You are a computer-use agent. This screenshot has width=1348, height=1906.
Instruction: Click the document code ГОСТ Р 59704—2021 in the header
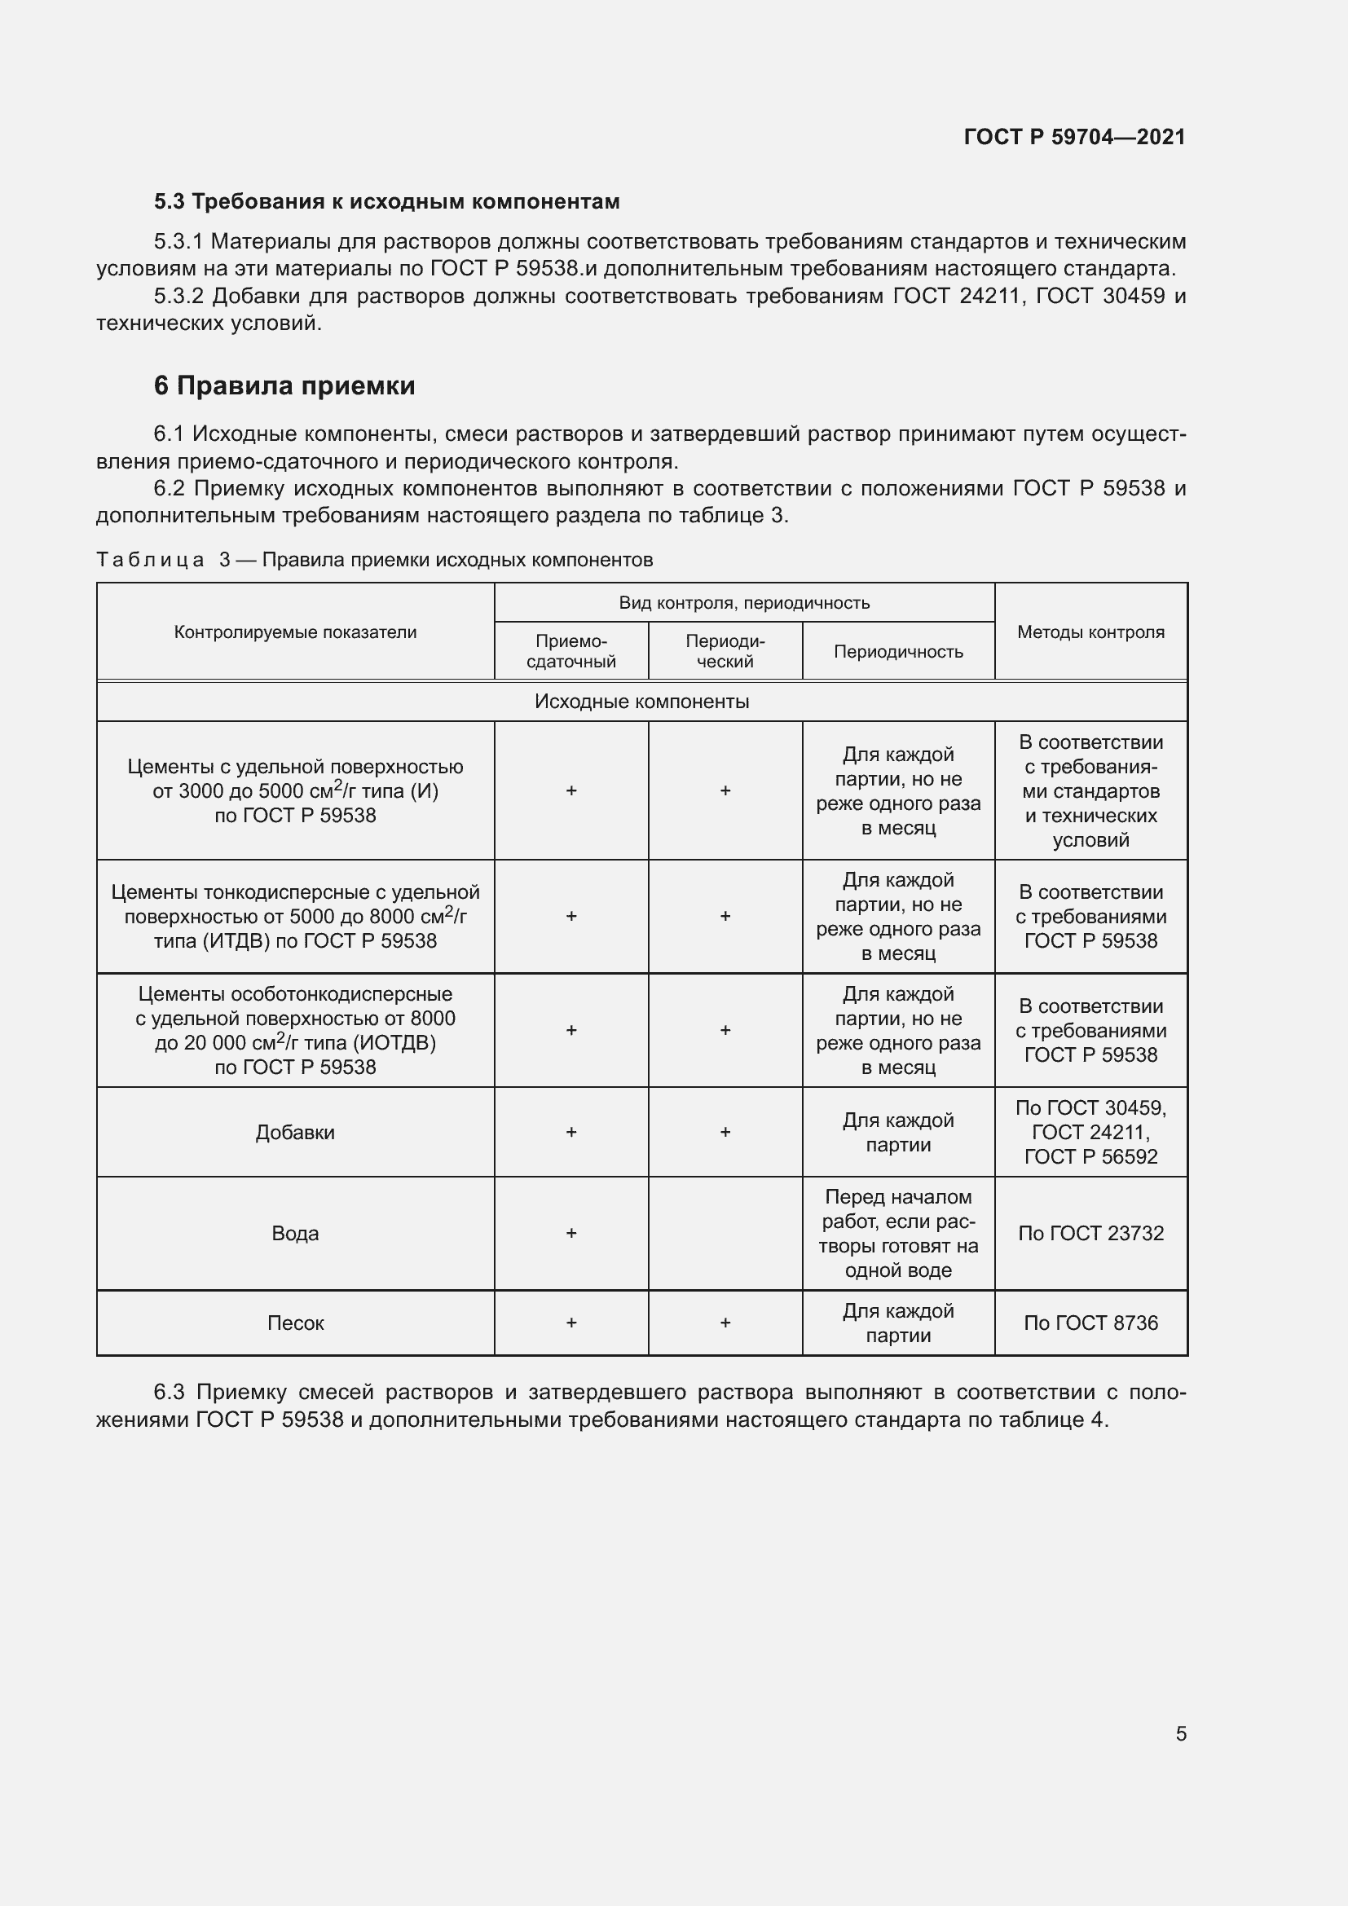(1074, 137)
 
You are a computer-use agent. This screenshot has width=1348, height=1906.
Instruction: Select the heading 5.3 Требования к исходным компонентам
(387, 202)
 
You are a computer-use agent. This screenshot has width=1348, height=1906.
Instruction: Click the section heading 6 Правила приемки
(284, 386)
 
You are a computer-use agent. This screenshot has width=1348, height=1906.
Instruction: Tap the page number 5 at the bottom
(1180, 1733)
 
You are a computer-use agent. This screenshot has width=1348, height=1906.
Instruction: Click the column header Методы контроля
(1090, 632)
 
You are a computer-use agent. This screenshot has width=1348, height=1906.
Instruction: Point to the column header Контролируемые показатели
(296, 632)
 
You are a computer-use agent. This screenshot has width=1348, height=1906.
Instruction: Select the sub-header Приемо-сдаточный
(571, 652)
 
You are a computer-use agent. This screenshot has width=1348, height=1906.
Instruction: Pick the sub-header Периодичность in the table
(898, 652)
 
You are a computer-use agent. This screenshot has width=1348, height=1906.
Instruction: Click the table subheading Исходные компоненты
(641, 702)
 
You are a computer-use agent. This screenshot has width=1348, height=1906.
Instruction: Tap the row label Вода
(296, 1234)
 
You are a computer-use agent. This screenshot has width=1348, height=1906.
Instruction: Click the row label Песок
(296, 1323)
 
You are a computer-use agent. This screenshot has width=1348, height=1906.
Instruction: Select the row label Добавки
(296, 1133)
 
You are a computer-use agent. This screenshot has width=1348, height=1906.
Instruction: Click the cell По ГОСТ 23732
(1090, 1234)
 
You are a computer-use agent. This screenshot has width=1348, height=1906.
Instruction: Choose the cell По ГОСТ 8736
(1090, 1323)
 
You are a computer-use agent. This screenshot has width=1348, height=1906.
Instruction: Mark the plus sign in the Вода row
(571, 1234)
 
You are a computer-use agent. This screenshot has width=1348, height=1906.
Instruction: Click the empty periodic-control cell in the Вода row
(725, 1234)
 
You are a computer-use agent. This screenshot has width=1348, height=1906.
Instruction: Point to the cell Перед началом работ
(898, 1234)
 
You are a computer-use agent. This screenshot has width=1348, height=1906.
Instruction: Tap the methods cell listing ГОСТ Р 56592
(1090, 1133)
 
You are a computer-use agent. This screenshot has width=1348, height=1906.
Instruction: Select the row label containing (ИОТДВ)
(296, 1031)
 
